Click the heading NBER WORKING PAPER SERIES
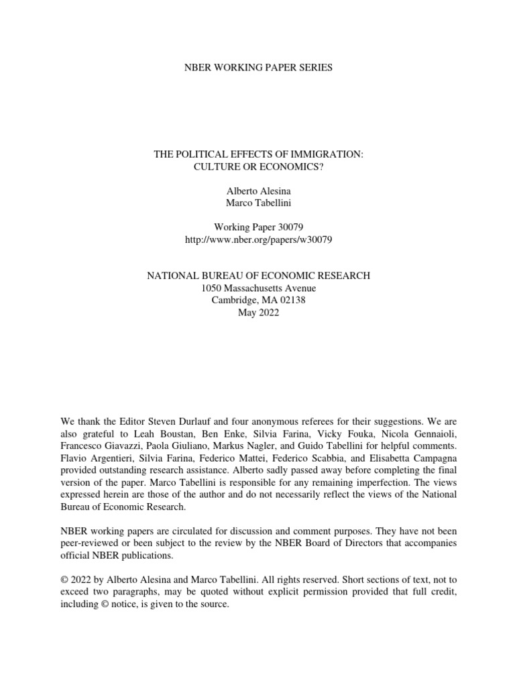point(258,68)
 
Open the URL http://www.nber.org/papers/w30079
point(258,240)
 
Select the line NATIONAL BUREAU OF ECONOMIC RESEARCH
point(258,276)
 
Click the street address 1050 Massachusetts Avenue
point(258,288)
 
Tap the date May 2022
point(258,312)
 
